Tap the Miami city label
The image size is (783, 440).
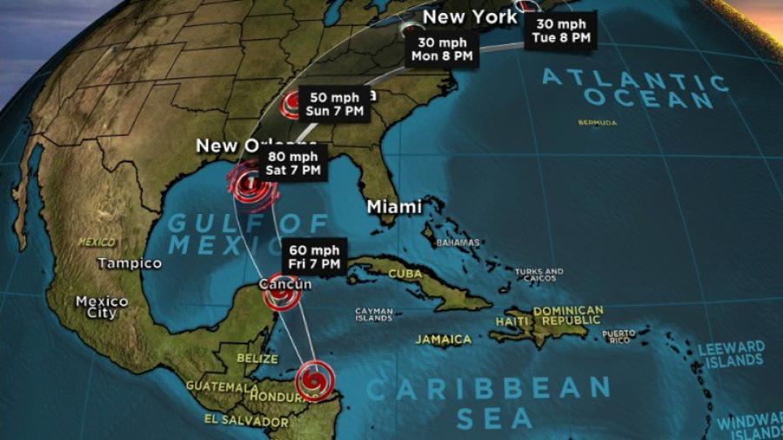(x=394, y=207)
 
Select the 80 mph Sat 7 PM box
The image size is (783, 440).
(x=293, y=163)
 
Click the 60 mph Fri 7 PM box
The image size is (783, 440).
(x=316, y=257)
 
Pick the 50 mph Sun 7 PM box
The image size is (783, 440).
(x=335, y=104)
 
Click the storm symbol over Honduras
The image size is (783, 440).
(x=313, y=380)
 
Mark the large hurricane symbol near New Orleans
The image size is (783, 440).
(x=251, y=186)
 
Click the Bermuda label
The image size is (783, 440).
(x=598, y=123)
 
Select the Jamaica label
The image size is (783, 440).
(x=443, y=339)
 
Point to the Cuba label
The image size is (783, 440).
(x=405, y=273)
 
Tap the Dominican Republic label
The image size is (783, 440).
(x=568, y=316)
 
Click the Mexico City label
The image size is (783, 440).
(x=102, y=307)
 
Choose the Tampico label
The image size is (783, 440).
(x=130, y=263)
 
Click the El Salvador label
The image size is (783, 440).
(x=237, y=419)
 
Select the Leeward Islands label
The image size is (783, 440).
(x=732, y=354)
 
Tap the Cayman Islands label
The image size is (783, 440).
(x=373, y=314)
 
